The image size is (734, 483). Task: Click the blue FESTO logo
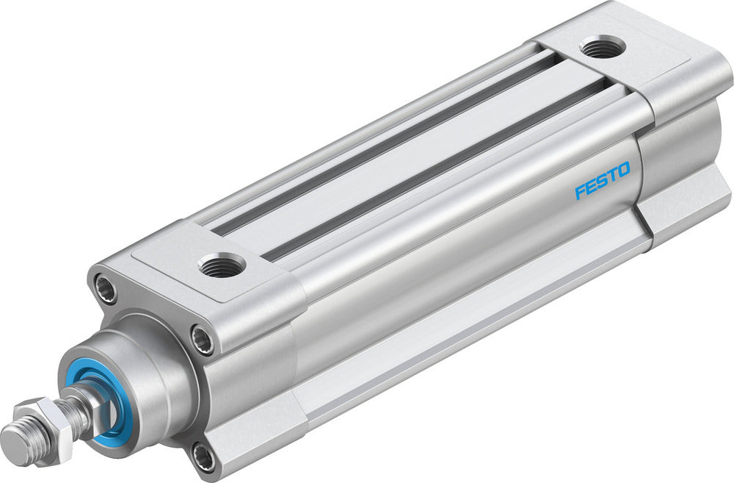click(x=602, y=182)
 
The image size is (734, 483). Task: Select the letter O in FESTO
click(x=622, y=171)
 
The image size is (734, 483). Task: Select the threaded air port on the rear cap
click(x=602, y=46)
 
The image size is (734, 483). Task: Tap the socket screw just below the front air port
click(x=202, y=340)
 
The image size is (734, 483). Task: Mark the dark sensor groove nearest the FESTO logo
click(x=440, y=169)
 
